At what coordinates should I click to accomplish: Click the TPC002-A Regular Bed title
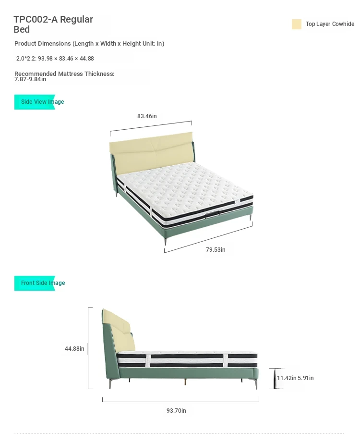53,25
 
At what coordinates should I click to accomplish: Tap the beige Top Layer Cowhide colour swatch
297,25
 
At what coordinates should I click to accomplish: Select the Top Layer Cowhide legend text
330,24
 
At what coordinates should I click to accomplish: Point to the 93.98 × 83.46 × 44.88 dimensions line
55,59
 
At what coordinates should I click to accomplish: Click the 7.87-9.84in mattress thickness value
30,79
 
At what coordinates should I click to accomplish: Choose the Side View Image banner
39,102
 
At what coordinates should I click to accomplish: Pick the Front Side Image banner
40,283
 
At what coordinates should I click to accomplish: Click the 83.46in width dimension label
147,116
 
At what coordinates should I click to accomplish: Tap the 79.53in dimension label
216,250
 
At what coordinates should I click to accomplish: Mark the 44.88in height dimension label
74,349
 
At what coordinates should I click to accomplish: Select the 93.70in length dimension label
176,410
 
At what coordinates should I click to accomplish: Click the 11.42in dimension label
287,378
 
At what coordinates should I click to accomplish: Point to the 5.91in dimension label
306,378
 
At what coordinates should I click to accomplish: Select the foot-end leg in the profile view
256,384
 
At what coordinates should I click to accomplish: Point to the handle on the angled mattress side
212,215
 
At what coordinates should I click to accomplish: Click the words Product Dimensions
43,44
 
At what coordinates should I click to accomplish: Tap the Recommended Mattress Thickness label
64,74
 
